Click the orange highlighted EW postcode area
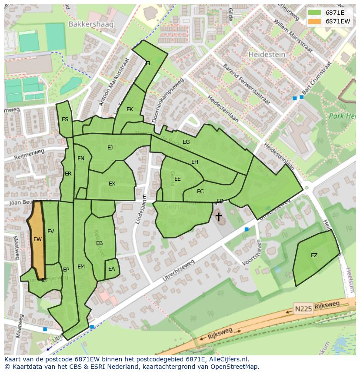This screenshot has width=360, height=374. coord(38,239)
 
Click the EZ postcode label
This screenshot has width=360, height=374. coord(314,255)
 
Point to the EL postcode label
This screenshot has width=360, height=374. coord(149,63)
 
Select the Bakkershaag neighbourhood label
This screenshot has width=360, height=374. coord(90,24)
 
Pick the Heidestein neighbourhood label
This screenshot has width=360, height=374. coord(267,55)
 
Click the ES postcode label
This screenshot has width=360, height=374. coord(65,119)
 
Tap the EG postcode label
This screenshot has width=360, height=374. coord(186,142)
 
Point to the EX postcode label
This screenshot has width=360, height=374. coord(112,184)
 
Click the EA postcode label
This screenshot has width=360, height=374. coord(111,269)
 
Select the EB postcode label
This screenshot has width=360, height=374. coord(99,243)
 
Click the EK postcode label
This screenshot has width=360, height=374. coord(130,109)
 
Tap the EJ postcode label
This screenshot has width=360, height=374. coord(110,148)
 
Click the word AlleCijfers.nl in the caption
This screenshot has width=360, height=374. coord(228,359)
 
